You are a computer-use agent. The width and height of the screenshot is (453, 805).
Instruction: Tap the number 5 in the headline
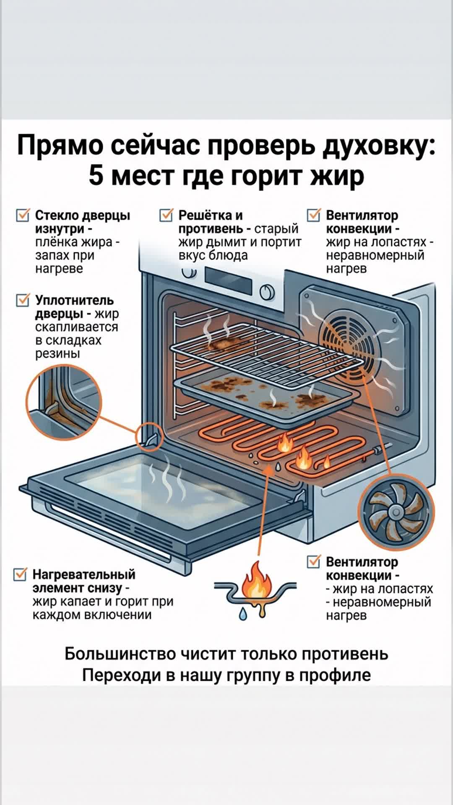pos(96,175)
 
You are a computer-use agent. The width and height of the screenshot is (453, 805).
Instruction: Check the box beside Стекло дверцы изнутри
pos(22,216)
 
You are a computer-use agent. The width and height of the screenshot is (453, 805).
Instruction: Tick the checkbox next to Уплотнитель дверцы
pos(22,301)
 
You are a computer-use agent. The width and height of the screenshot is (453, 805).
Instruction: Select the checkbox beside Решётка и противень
pos(166,216)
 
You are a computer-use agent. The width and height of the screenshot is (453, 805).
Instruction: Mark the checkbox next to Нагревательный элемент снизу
pos(20,574)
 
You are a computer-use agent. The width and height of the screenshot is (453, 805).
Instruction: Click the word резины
pos(57,353)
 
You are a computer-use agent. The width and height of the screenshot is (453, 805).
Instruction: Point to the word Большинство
pos(120,654)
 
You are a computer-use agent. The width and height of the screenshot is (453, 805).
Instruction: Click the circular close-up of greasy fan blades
pos(396,512)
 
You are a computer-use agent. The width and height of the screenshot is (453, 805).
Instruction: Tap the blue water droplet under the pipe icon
pos(243,615)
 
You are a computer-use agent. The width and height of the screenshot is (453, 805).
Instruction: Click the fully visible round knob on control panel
pos(267,292)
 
